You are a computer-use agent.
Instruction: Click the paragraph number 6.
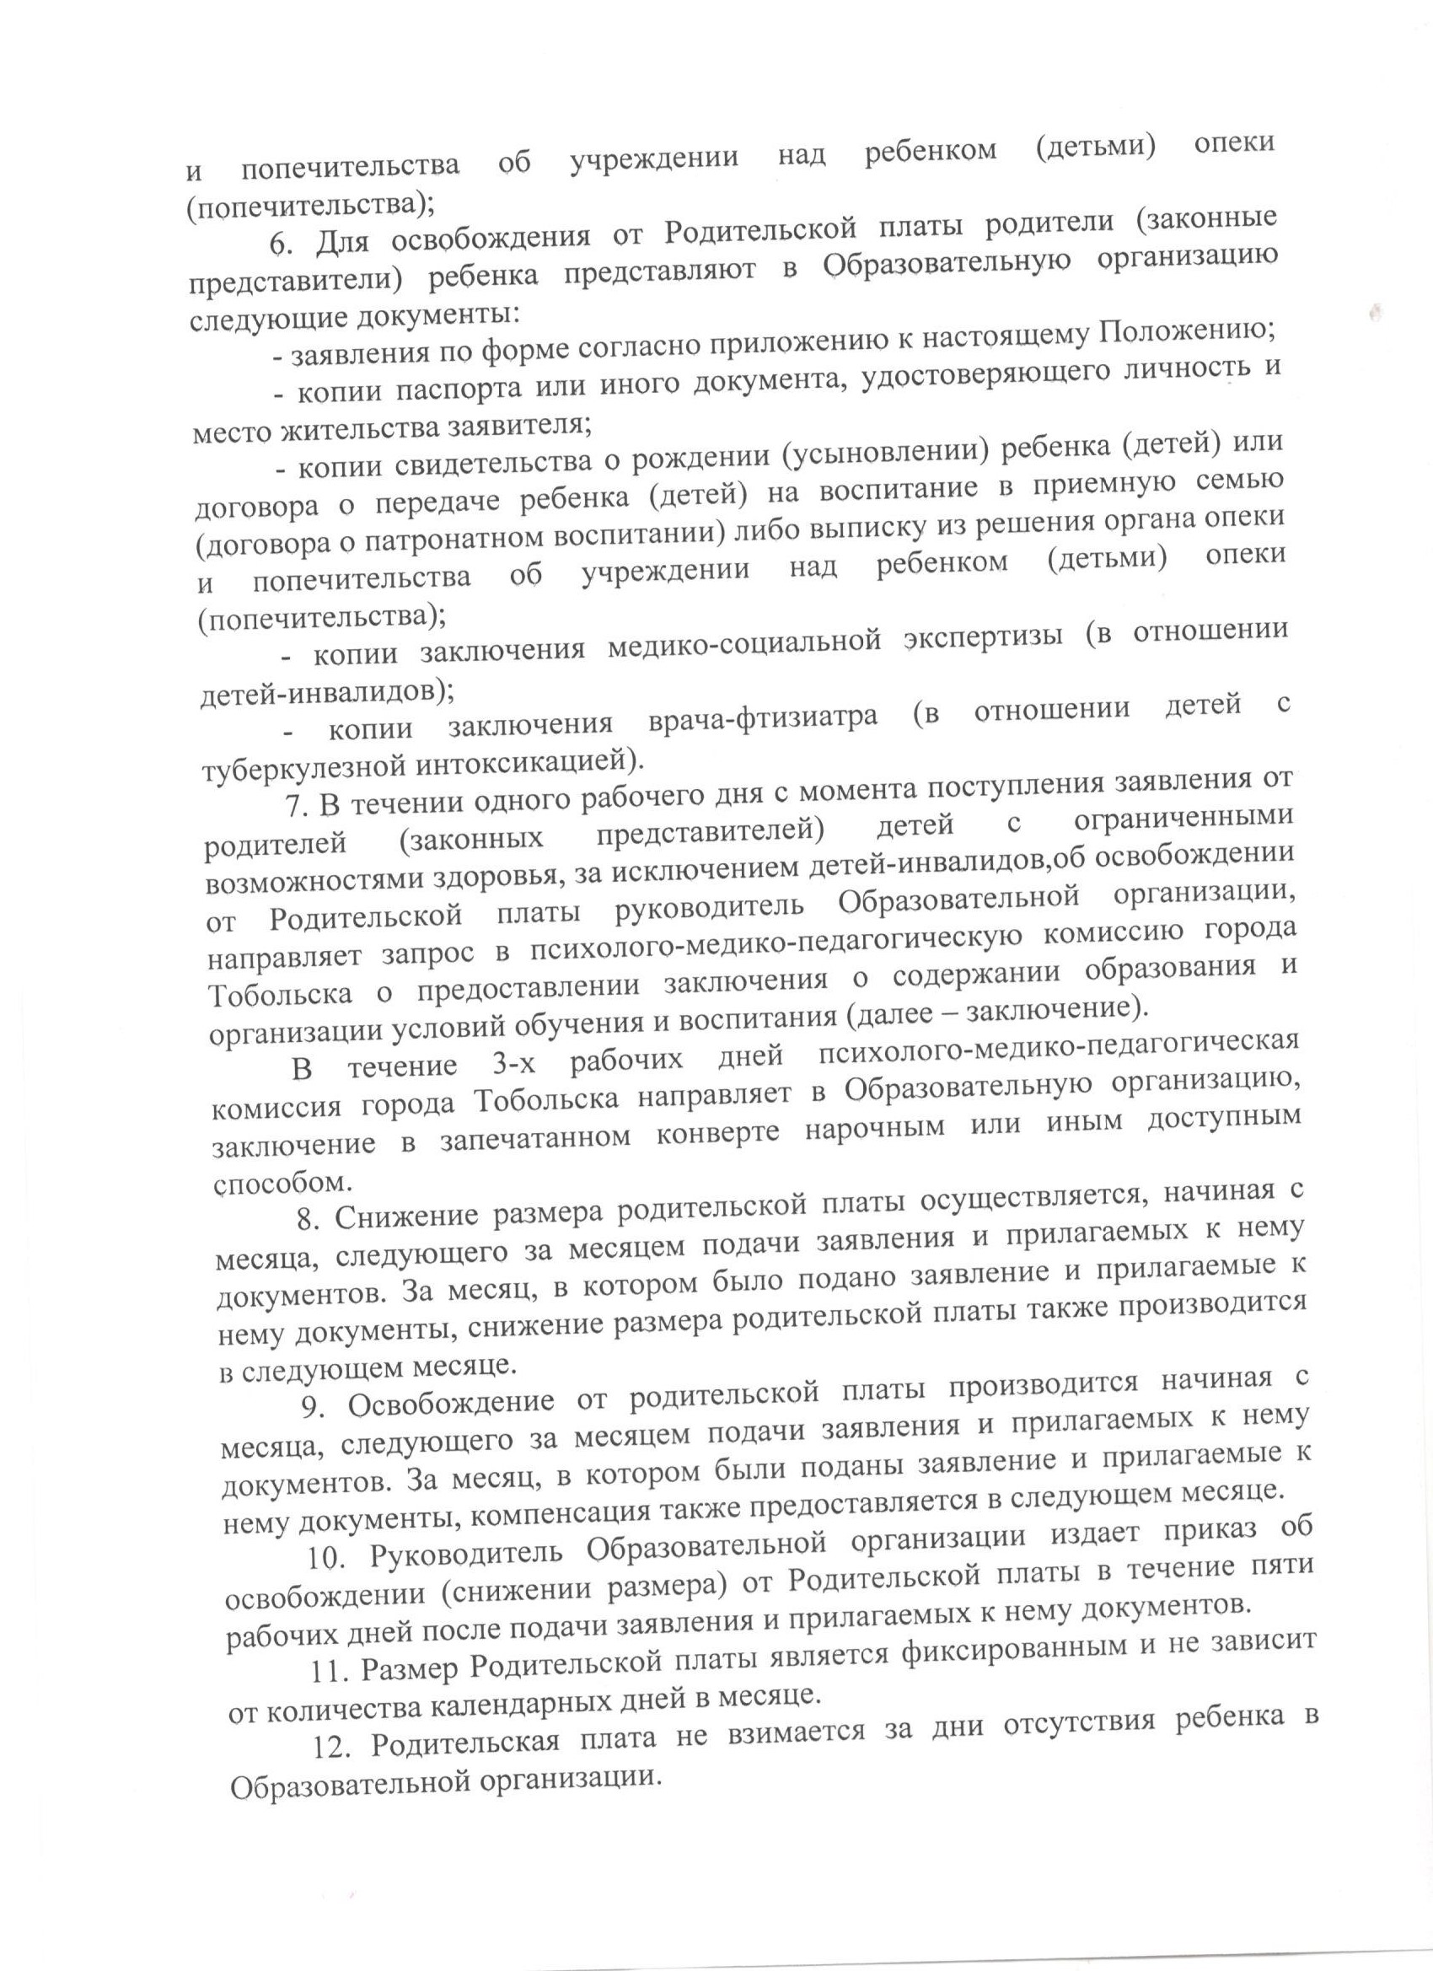(x=277, y=243)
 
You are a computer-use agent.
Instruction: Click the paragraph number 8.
(x=306, y=1219)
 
